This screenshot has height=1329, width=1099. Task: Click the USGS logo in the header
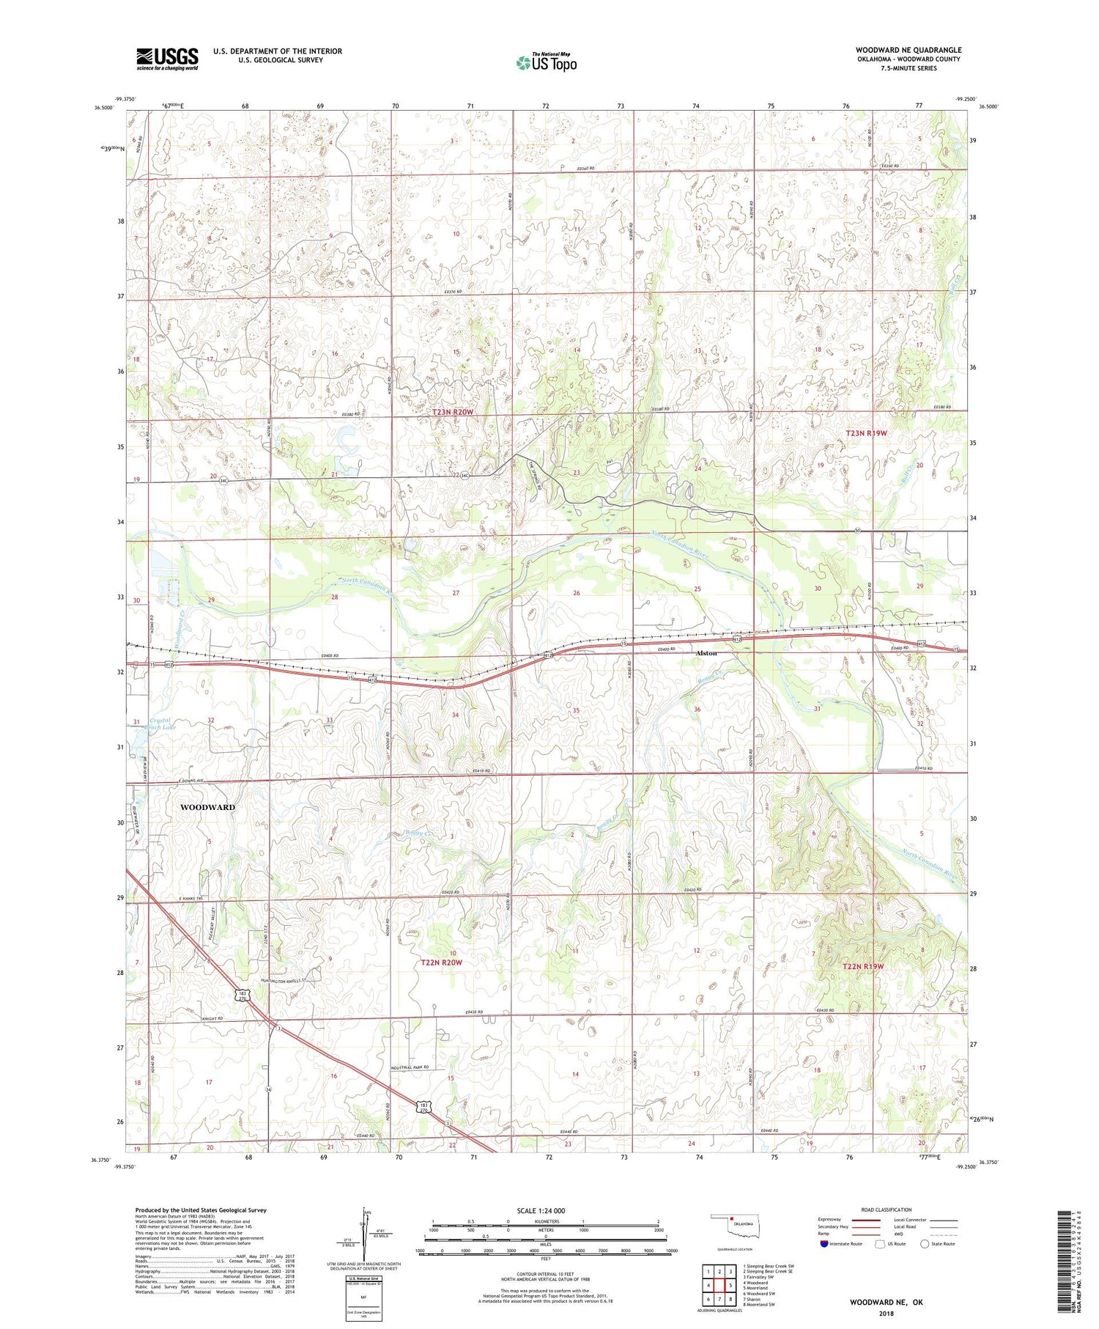click(x=167, y=59)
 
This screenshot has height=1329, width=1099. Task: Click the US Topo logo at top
click(x=546, y=62)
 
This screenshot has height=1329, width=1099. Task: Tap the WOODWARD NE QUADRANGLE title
click(x=909, y=51)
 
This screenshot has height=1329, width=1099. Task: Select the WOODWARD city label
click(x=207, y=807)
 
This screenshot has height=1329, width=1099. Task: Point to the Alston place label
click(x=706, y=652)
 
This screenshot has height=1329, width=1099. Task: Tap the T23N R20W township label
click(x=453, y=412)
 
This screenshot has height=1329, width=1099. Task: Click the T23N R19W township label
click(x=866, y=433)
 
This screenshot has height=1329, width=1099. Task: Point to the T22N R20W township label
click(x=442, y=962)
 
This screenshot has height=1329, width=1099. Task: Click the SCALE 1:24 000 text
click(x=545, y=1210)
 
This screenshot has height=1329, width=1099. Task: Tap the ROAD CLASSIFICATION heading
click(x=887, y=1210)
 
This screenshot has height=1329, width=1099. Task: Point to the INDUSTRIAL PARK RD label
click(x=410, y=1067)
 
